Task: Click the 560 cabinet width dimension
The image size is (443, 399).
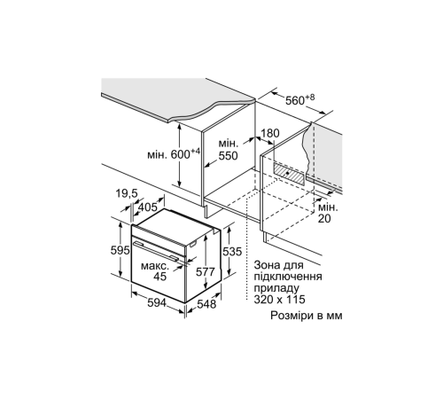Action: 296,101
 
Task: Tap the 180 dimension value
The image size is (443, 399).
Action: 270,134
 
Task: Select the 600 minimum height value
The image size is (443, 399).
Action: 182,154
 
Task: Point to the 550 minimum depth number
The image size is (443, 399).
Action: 228,156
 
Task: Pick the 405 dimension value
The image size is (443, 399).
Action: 148,207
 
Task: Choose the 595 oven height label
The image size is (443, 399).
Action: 120,250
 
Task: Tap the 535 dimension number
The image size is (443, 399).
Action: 232,252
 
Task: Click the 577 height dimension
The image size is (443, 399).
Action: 206,271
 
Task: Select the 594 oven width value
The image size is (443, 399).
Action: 157,303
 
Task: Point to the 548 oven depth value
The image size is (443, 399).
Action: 206,304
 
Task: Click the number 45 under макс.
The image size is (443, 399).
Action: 160,277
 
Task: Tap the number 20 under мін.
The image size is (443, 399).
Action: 324,219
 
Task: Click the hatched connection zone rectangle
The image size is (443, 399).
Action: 289,174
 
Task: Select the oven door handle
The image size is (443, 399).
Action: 156,251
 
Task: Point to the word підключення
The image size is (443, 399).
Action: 288,278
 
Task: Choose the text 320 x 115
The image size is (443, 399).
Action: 279,300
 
